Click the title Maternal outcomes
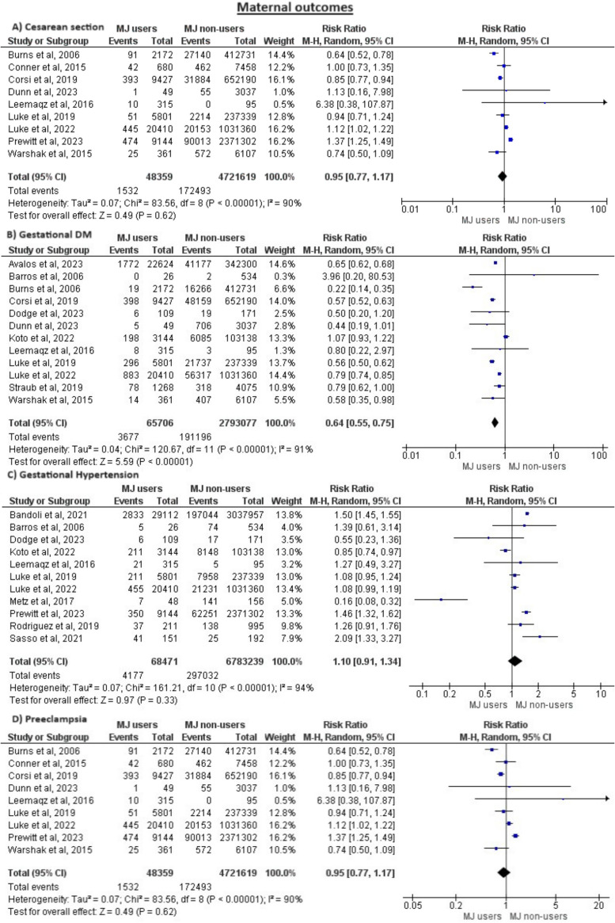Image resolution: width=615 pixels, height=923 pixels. (x=307, y=9)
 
